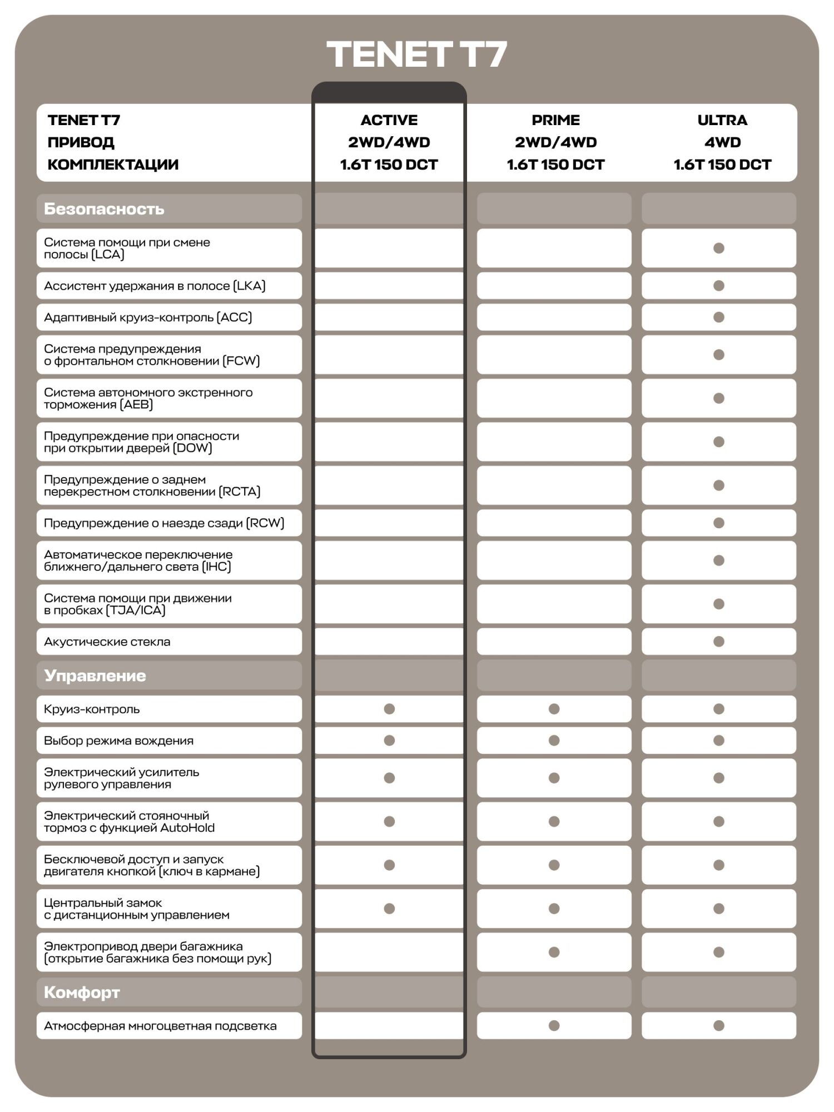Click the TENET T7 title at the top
(416, 54)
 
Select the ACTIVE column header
(389, 120)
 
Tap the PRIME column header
(555, 120)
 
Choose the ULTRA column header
(722, 120)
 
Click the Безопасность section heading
(104, 209)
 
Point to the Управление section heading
(95, 676)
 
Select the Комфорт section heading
(82, 992)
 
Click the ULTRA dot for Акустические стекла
(719, 642)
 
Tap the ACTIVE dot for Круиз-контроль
(389, 709)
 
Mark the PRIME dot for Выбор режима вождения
(554, 741)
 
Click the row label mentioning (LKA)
(155, 286)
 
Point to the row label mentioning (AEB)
(148, 399)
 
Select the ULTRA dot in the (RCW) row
(719, 523)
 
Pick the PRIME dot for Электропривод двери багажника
(554, 952)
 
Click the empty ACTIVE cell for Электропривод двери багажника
(389, 952)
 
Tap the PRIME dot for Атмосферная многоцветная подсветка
(554, 1026)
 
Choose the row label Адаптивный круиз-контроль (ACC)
(148, 317)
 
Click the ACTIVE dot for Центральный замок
(389, 909)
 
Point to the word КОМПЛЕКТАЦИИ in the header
(113, 165)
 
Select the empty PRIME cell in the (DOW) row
(554, 442)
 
